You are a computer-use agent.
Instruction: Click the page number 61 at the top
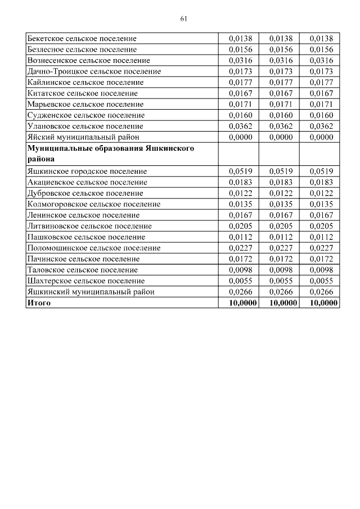183,19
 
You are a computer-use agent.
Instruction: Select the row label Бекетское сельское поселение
82,39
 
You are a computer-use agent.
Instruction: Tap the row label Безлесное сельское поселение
82,49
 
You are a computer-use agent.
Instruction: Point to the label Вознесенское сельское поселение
88,61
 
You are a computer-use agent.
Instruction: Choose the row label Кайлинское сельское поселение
85,83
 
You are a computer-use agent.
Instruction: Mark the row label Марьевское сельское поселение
85,105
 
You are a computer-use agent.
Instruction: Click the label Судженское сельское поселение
85,115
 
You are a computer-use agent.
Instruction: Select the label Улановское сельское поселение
85,127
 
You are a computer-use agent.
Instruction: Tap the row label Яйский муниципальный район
83,137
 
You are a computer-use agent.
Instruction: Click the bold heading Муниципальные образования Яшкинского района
110,154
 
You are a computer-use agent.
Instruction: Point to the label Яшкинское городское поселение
87,171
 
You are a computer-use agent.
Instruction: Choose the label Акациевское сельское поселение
87,182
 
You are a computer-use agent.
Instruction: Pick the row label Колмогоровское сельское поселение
93,204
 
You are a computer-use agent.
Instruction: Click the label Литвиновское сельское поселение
89,226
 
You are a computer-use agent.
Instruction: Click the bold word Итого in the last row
39,303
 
